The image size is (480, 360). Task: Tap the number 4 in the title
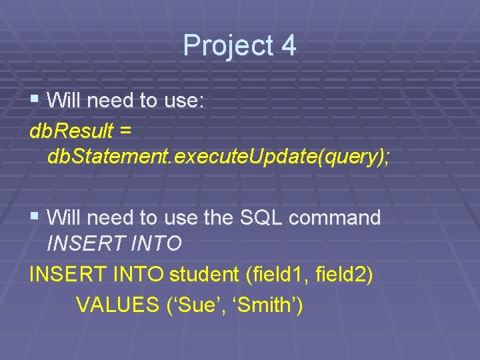tap(288, 45)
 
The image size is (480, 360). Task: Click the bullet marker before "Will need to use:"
tap(35, 101)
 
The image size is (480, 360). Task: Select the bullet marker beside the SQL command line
tap(35, 217)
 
